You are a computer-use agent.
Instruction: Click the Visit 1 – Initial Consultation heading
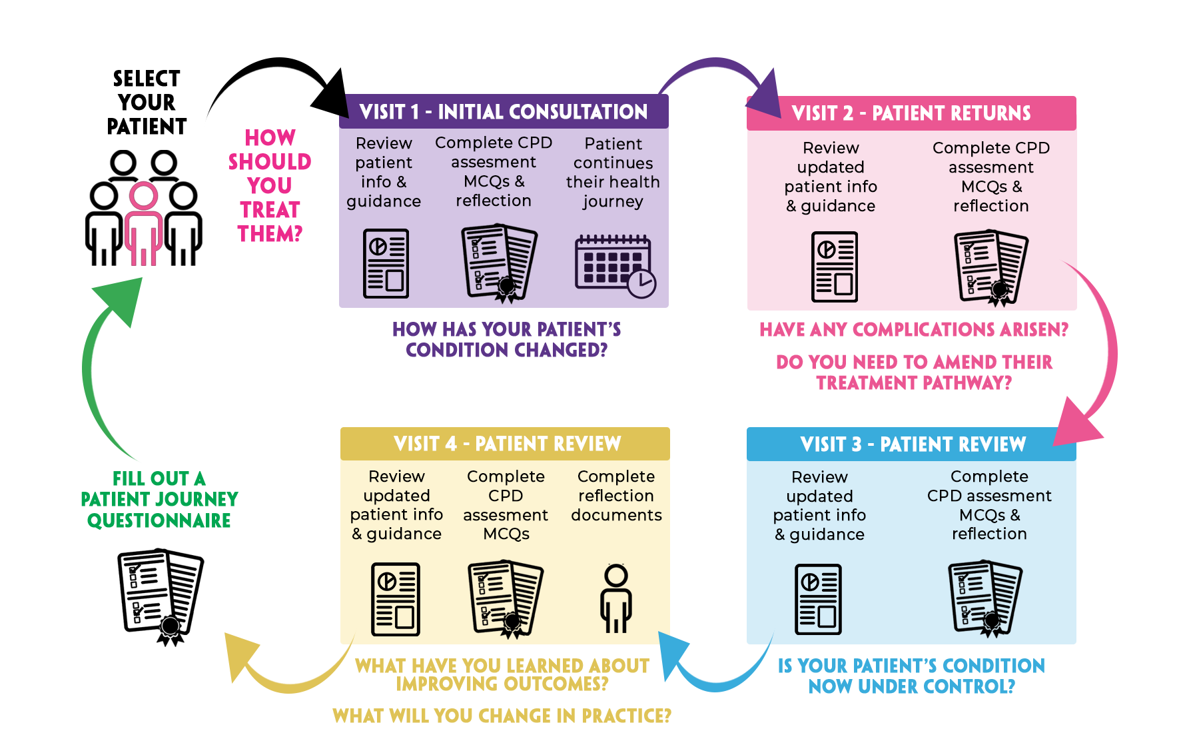tap(503, 111)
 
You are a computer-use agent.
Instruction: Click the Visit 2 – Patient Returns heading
tap(911, 113)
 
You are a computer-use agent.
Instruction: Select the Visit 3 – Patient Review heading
tap(913, 444)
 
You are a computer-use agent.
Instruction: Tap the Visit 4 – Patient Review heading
tap(507, 444)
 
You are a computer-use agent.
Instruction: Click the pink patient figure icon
tap(143, 224)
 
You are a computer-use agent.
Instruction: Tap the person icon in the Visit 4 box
tap(615, 598)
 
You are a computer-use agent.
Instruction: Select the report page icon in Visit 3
tap(818, 599)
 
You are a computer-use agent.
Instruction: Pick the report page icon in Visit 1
tap(386, 263)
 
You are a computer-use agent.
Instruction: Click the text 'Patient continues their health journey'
tap(613, 173)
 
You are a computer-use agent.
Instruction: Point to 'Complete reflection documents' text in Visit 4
tap(616, 496)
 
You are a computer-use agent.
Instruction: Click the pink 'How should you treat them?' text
tap(270, 186)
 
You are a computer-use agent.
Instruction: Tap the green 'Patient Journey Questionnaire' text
tap(159, 510)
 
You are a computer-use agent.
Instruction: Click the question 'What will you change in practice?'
tap(501, 716)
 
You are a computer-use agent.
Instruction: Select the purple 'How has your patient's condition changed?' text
tap(507, 340)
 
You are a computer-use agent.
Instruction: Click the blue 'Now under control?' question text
tap(911, 686)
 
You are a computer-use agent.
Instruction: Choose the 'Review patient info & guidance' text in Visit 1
tap(384, 173)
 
